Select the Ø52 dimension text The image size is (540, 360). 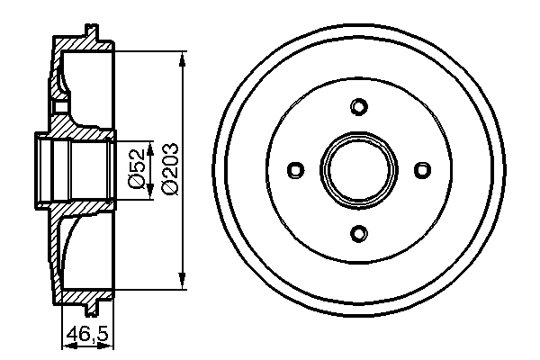point(137,169)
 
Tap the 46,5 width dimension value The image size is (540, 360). point(87,336)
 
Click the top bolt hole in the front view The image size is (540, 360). point(358,107)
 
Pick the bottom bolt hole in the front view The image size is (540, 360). point(358,234)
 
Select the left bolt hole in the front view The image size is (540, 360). point(295,170)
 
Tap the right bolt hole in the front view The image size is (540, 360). point(421,170)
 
